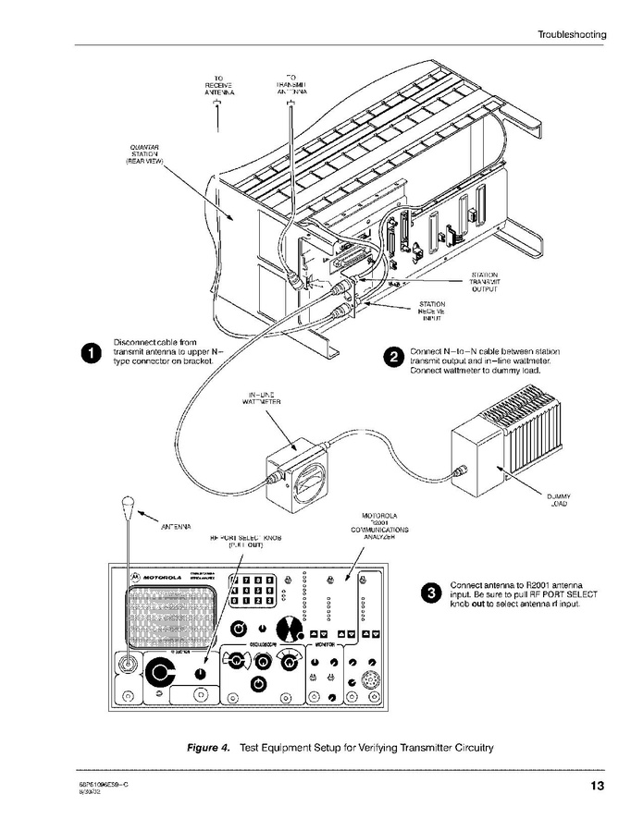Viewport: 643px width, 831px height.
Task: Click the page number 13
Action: [x=597, y=787]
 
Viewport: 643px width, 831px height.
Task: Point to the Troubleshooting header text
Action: [x=572, y=34]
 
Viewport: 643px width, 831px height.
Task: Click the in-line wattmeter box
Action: [x=299, y=472]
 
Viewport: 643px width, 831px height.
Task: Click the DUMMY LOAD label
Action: [x=559, y=500]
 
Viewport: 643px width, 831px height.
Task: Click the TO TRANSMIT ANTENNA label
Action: [x=291, y=86]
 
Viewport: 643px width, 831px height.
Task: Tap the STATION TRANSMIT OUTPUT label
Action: [x=484, y=282]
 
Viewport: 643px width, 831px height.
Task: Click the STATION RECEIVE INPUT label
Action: [x=432, y=311]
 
